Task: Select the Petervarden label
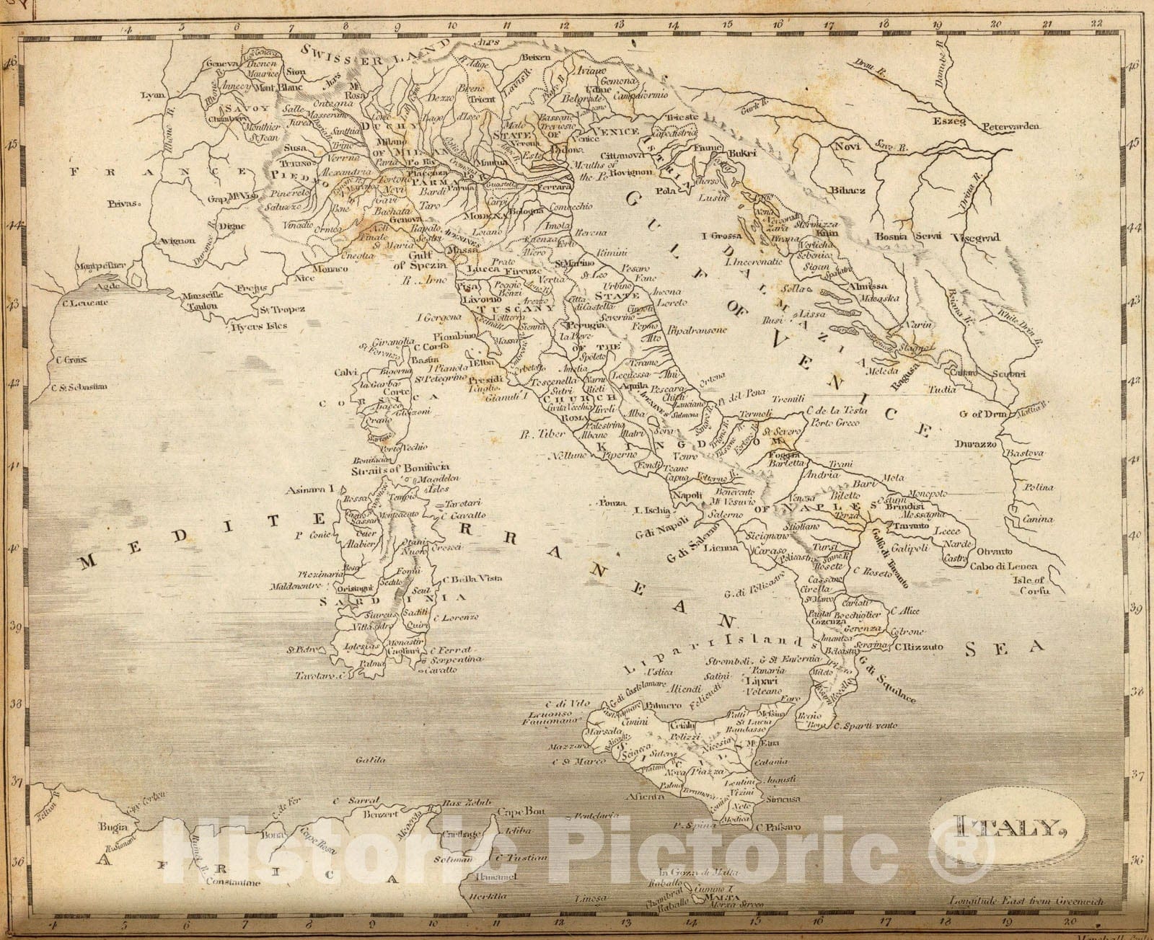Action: (1010, 126)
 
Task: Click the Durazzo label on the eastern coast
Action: (977, 445)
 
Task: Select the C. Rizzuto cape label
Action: (919, 647)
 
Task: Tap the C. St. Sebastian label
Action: (79, 386)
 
